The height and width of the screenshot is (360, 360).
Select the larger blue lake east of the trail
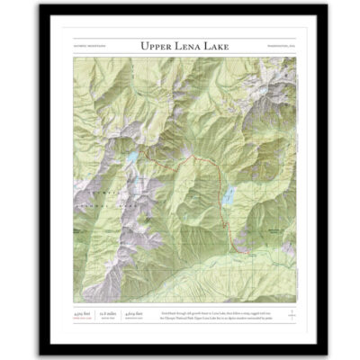[231, 195]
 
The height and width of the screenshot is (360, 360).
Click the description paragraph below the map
[211, 309]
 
